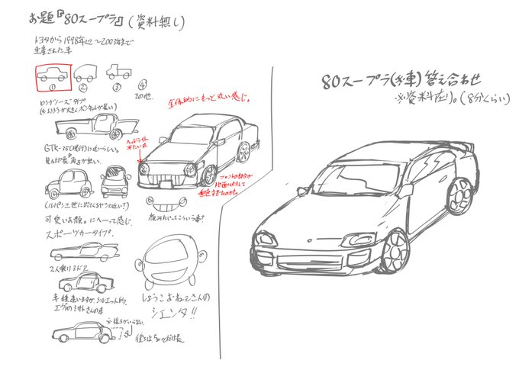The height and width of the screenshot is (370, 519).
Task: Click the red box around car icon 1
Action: click(53, 76)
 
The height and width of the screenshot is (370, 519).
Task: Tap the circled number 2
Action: click(84, 88)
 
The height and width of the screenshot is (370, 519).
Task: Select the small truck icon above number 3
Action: click(118, 72)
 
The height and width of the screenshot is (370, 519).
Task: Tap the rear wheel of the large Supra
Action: click(460, 196)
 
